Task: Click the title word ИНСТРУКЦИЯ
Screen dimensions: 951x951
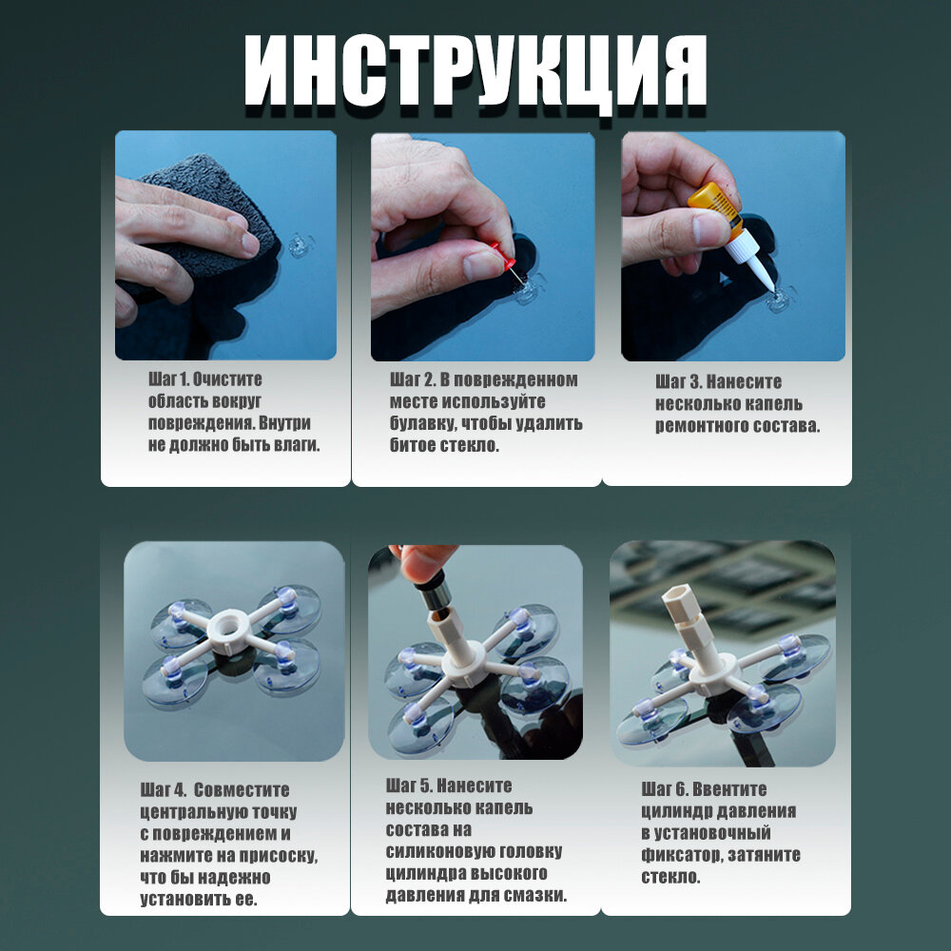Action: (x=475, y=71)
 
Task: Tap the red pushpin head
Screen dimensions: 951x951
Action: (x=503, y=256)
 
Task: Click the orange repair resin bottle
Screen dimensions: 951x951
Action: (x=716, y=209)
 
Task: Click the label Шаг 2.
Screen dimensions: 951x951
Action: (x=413, y=380)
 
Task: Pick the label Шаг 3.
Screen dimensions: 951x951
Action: (x=678, y=382)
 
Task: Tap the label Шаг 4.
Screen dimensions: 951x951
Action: (x=163, y=790)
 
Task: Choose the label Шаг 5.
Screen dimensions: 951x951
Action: (x=408, y=786)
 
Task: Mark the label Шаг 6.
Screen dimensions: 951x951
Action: (x=664, y=789)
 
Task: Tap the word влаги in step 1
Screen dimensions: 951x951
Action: (x=297, y=445)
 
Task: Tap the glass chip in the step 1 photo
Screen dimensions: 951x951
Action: (x=300, y=244)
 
